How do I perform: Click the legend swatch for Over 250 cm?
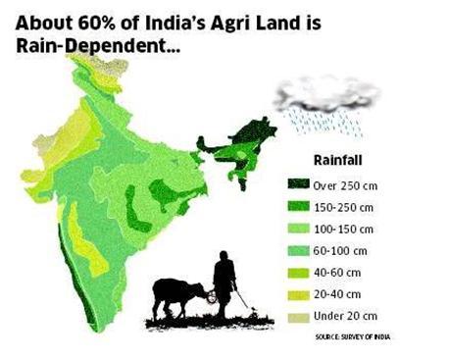pyautogui.click(x=297, y=181)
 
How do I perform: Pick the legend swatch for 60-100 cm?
pyautogui.click(x=297, y=249)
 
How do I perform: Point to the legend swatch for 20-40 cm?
pyautogui.click(x=297, y=293)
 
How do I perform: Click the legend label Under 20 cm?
pyautogui.click(x=344, y=316)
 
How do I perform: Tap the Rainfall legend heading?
pyautogui.click(x=339, y=158)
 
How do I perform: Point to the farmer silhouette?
pyautogui.click(x=224, y=284)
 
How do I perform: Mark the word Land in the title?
pyautogui.click(x=338, y=20)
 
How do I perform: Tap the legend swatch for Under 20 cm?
pyautogui.click(x=297, y=316)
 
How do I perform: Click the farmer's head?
pyautogui.click(x=224, y=257)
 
